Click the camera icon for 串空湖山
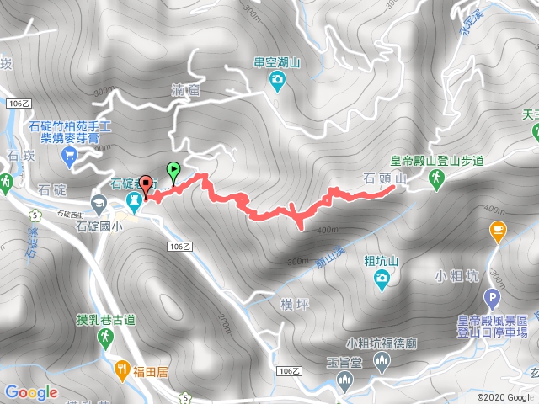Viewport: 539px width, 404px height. (x=276, y=80)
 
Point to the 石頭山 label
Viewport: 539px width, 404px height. (x=385, y=178)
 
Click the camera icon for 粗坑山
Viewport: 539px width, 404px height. (x=383, y=278)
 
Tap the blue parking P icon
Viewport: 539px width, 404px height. (x=492, y=298)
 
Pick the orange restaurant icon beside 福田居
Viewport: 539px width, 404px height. (x=123, y=368)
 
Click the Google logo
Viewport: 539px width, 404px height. (x=30, y=392)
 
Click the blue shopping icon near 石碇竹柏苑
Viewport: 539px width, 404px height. (x=69, y=154)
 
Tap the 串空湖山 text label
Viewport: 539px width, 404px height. (x=277, y=61)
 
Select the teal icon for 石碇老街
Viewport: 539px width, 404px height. (x=133, y=200)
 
